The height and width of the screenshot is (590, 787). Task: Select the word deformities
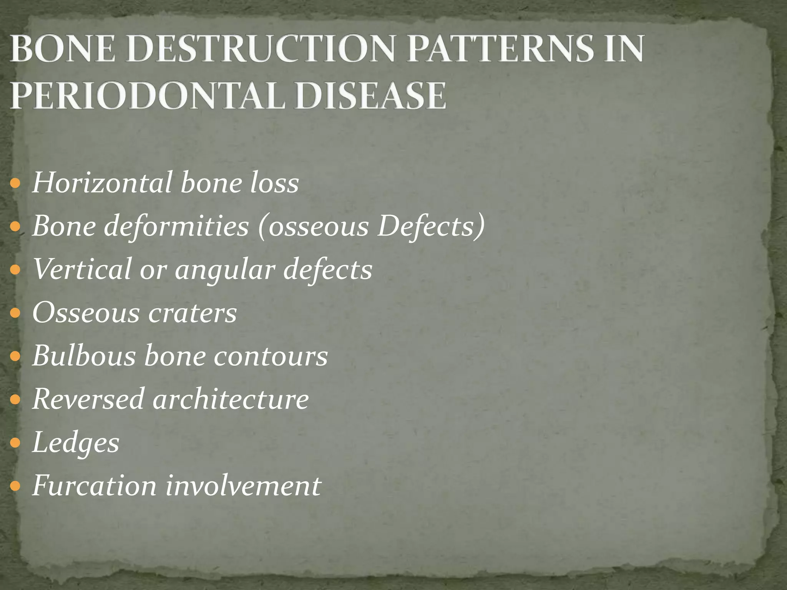176,227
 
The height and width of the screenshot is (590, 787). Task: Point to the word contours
271,356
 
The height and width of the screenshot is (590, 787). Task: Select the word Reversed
88,399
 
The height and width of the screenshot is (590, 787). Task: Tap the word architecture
231,399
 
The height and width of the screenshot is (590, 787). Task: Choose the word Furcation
95,486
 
